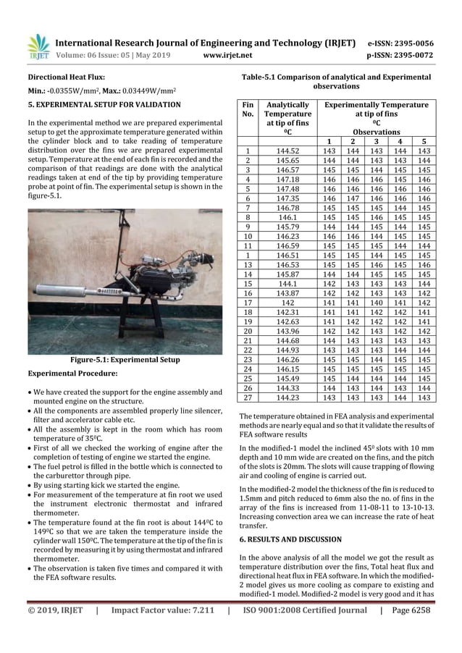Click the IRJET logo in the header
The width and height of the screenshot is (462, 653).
pos(38,48)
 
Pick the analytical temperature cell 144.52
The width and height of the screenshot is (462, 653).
pos(287,151)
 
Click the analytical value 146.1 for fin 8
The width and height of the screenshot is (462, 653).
pos(287,216)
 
